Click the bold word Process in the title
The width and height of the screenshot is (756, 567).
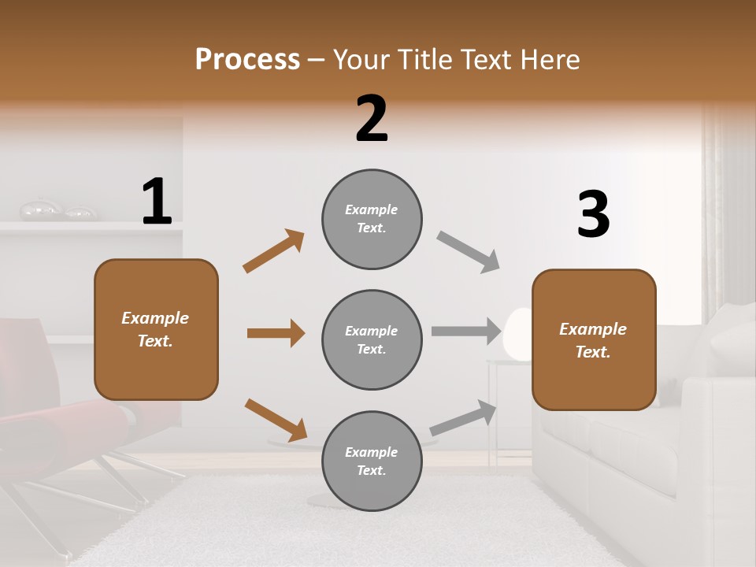coord(247,59)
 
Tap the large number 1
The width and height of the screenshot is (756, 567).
coord(157,202)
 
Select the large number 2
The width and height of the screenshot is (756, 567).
coord(372,118)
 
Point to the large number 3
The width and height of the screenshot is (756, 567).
coord(593,215)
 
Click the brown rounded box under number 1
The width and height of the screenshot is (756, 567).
coord(156,329)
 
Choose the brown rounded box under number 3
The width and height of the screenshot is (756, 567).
coord(594,339)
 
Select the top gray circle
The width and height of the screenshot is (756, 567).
coord(372,218)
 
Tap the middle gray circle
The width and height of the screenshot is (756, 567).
coord(372,339)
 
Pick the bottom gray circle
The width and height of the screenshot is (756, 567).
coord(372,461)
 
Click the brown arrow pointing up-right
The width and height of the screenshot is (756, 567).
coord(273,251)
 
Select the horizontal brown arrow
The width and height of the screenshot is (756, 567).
coord(276,333)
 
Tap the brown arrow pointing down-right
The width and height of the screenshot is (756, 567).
coord(276,420)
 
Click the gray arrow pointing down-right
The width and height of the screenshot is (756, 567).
coord(469,252)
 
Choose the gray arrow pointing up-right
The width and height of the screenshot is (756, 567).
coord(463,418)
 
